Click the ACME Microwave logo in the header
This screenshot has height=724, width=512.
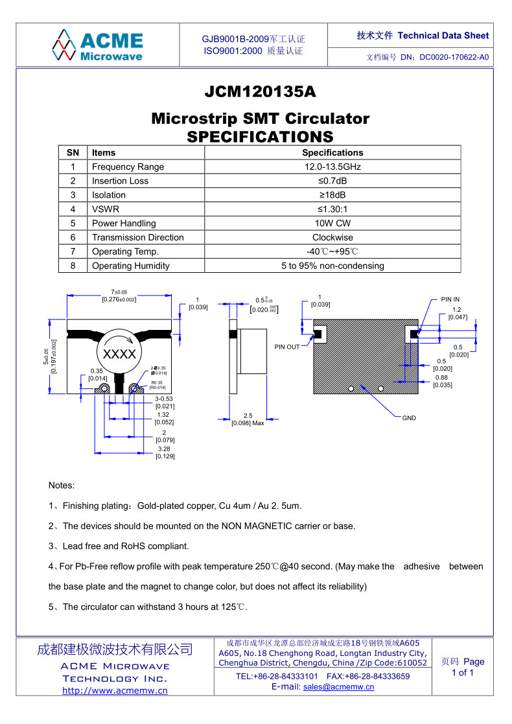point(98,45)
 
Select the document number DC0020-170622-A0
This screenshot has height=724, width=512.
point(454,57)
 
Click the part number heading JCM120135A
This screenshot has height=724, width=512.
point(260,92)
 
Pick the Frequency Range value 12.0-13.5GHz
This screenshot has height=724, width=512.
point(332,167)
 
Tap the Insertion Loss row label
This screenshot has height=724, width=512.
point(120,181)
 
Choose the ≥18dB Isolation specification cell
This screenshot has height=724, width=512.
point(332,195)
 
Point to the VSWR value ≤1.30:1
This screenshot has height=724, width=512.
point(332,209)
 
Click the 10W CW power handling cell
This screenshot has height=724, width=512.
point(332,223)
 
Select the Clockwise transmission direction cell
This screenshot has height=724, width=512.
point(332,237)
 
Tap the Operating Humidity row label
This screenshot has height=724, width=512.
point(130,266)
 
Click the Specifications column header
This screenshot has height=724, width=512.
point(332,153)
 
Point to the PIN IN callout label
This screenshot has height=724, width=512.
point(450,299)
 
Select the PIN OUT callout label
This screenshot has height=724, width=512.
point(287,347)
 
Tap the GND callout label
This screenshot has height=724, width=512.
point(409,418)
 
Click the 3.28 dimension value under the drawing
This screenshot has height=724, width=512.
point(164,449)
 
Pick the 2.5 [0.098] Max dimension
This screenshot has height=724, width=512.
point(248,419)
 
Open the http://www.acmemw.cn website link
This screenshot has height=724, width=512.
point(115,690)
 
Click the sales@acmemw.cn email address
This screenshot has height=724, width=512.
point(338,687)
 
